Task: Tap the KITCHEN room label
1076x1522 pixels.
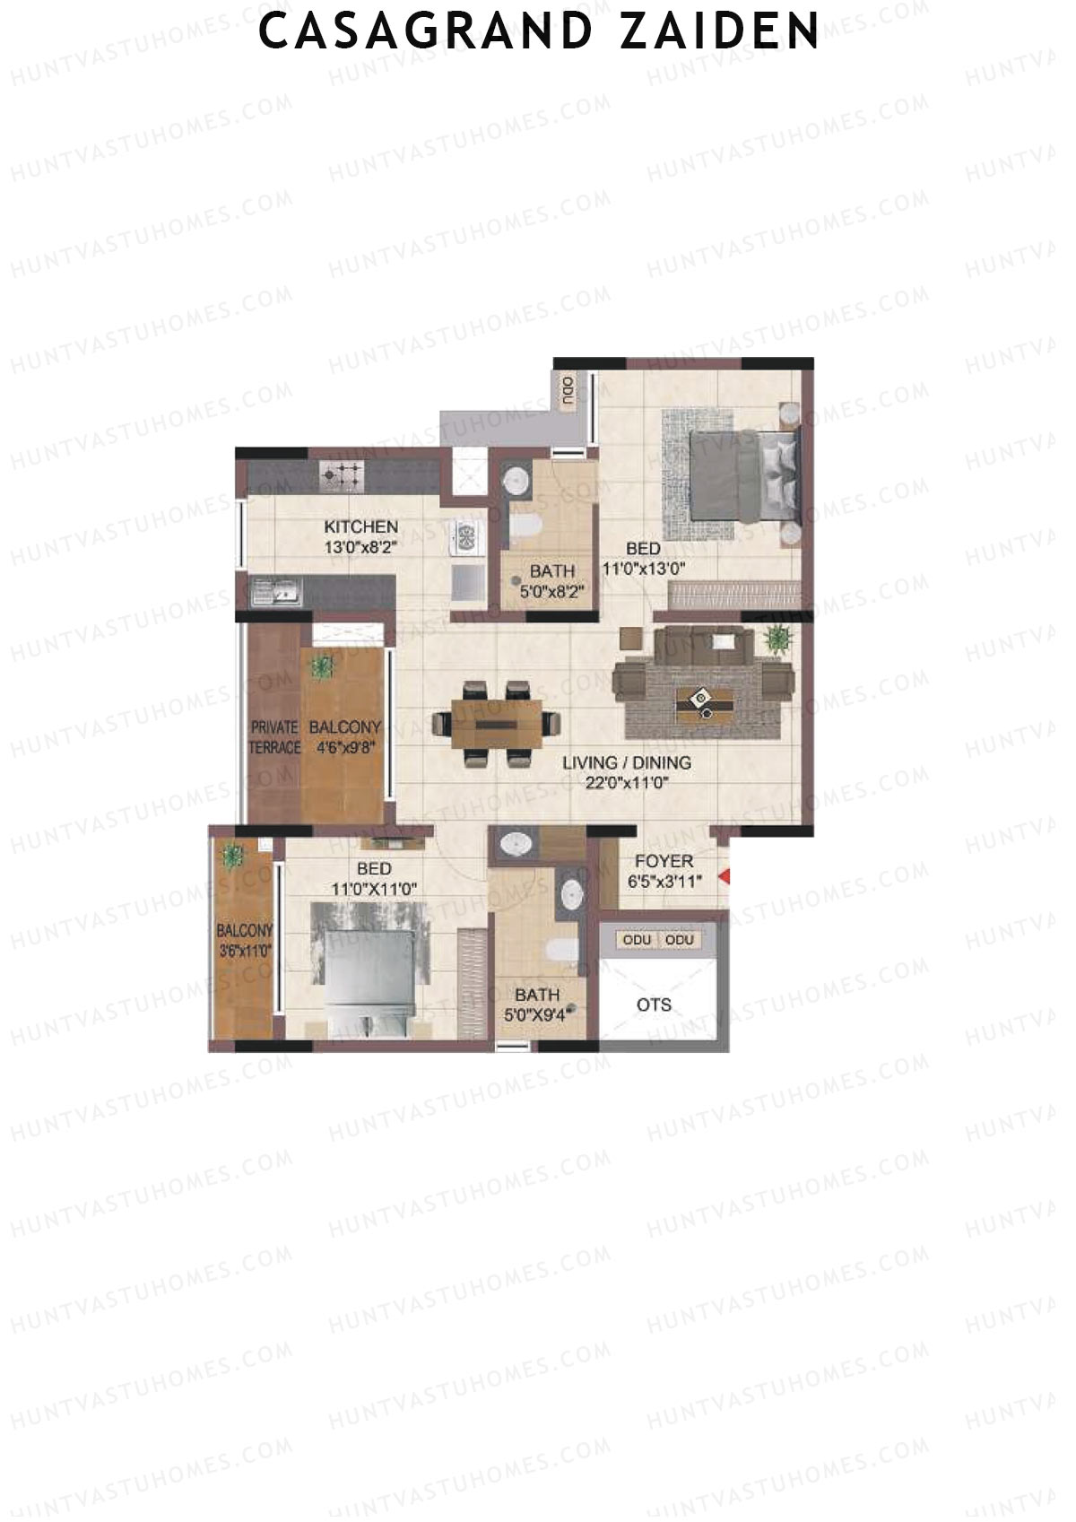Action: (x=360, y=526)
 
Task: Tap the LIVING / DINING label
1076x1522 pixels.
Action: (x=627, y=763)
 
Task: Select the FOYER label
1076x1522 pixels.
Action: (x=664, y=861)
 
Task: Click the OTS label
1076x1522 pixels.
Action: (x=654, y=1005)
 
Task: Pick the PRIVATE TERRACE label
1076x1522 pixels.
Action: (x=274, y=737)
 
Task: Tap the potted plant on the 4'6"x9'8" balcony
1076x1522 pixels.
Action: (x=320, y=666)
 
